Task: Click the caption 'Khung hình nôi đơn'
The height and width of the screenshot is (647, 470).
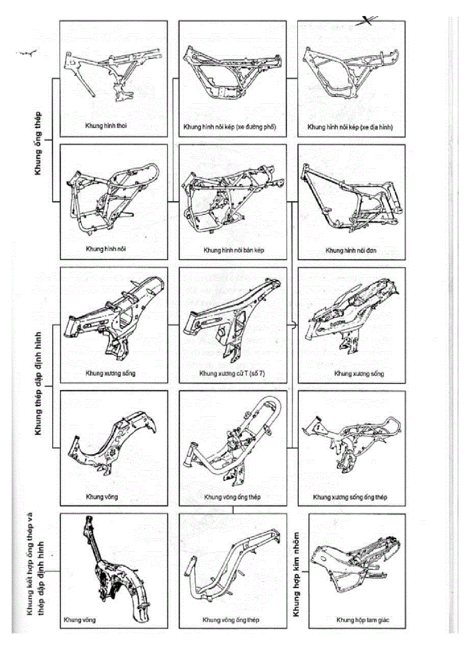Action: pyautogui.click(x=351, y=251)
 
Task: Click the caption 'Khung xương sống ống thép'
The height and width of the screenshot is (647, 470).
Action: pyautogui.click(x=350, y=497)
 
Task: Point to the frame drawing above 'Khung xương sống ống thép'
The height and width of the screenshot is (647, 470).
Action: pyautogui.click(x=352, y=444)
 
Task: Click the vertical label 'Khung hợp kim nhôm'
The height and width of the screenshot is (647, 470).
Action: pyautogui.click(x=297, y=570)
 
